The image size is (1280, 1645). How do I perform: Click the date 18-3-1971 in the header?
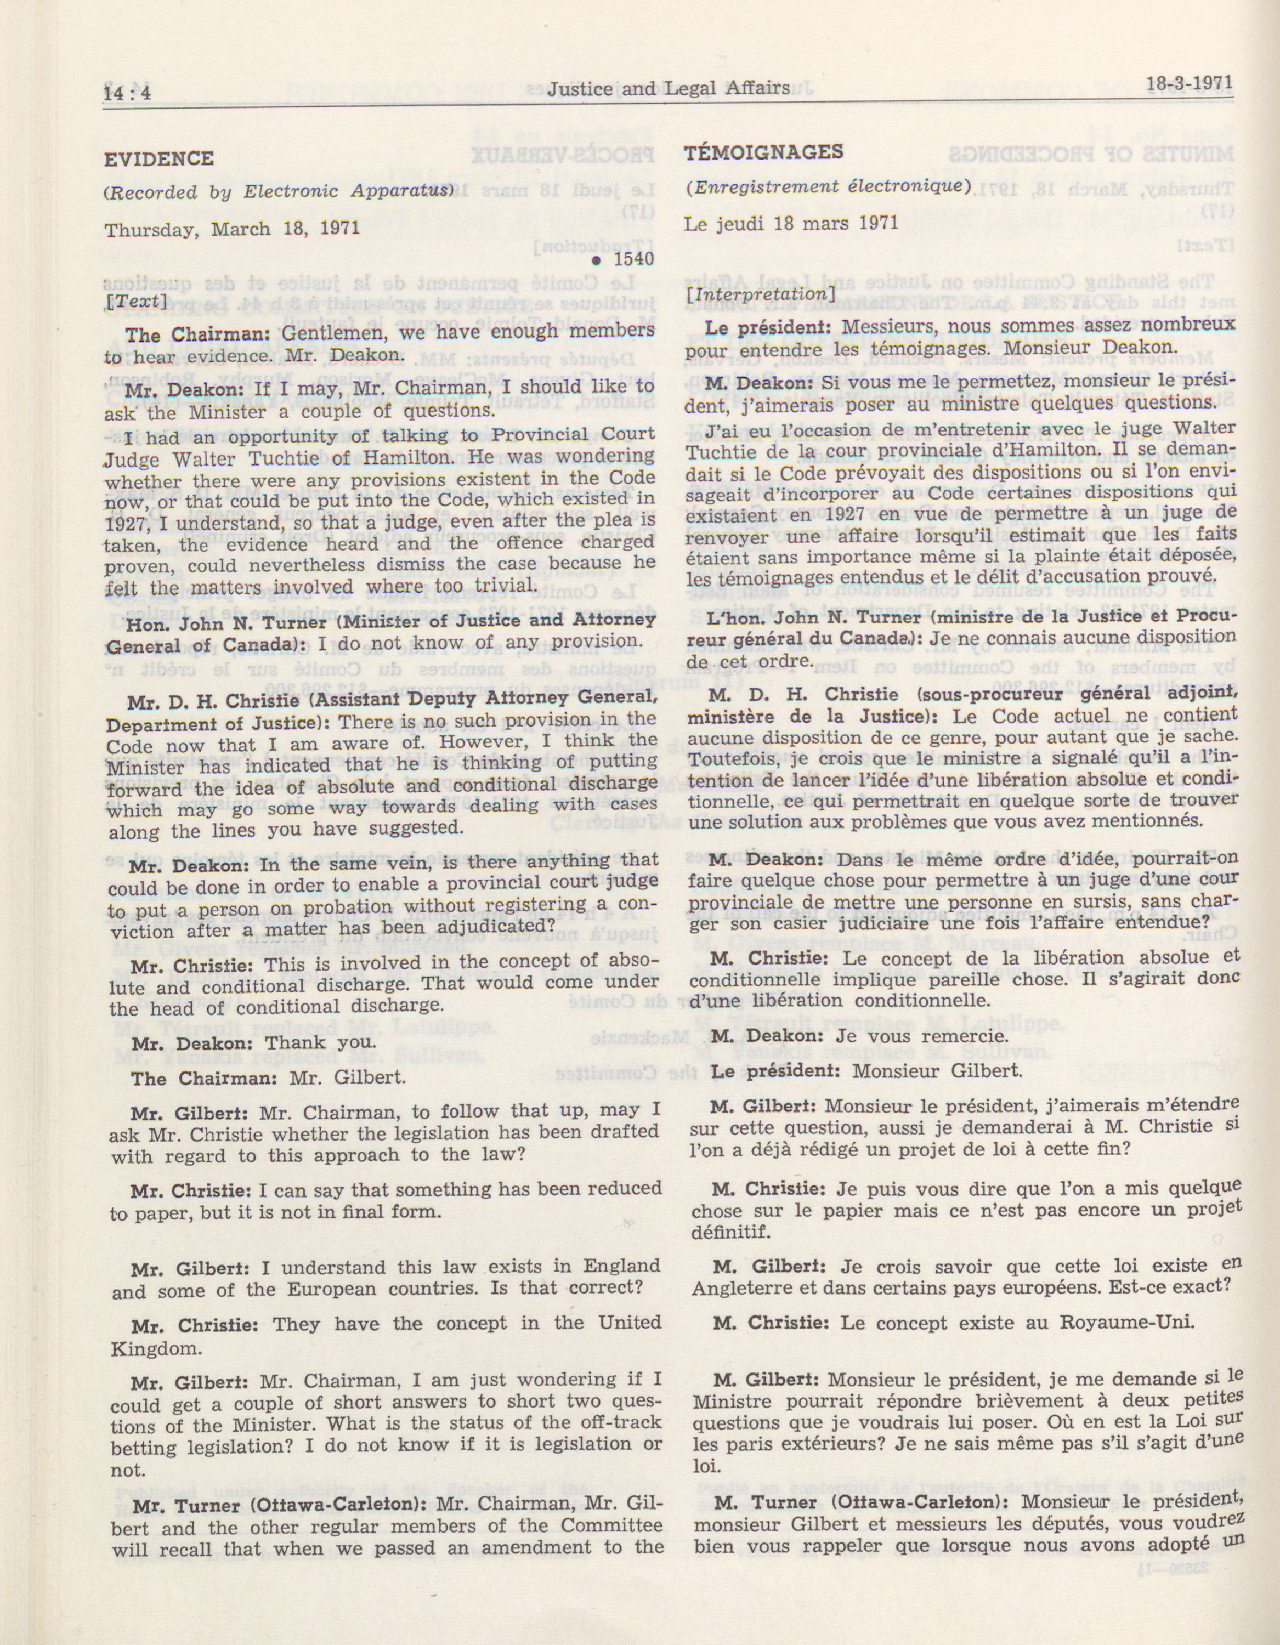pyautogui.click(x=1190, y=82)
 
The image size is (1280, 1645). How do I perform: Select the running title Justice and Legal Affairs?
pyautogui.click(x=669, y=88)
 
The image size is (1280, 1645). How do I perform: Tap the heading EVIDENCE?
pyautogui.click(x=159, y=159)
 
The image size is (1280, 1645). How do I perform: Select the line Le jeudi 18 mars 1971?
pyautogui.click(x=791, y=223)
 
